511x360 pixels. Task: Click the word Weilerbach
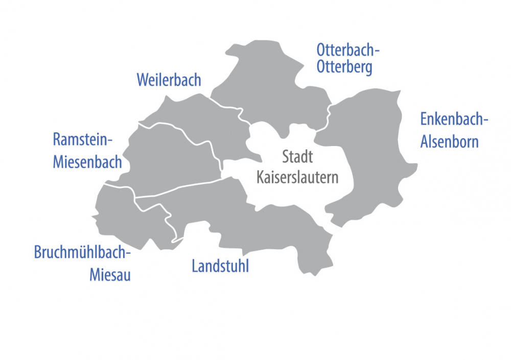pos(169,80)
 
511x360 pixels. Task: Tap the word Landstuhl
pos(220,266)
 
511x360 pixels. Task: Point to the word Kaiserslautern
pos(297,178)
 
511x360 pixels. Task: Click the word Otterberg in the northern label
pos(344,67)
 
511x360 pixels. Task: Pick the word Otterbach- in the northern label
pos(349,51)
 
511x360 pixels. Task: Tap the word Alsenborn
pos(449,141)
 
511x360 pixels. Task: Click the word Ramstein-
pos(82,139)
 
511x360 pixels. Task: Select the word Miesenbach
pos(87,162)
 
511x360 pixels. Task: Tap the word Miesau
pos(110,275)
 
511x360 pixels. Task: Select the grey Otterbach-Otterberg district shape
pos(266,87)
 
